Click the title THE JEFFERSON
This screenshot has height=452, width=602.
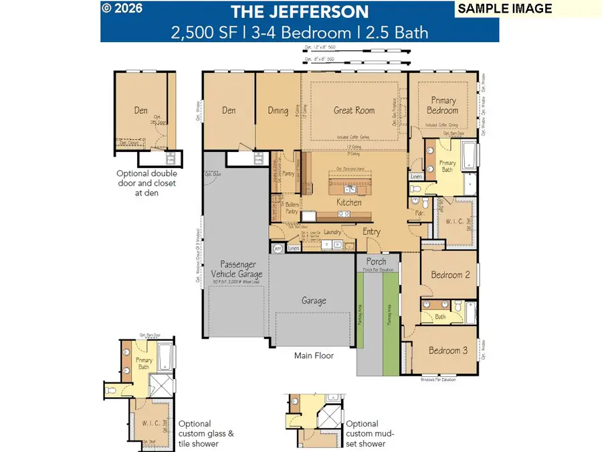click(300, 11)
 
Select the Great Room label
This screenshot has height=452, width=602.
click(354, 110)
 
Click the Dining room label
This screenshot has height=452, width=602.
click(278, 110)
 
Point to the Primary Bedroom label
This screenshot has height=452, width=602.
click(443, 106)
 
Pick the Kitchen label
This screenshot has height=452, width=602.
click(348, 202)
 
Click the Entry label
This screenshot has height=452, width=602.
click(371, 232)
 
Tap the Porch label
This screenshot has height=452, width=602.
click(377, 261)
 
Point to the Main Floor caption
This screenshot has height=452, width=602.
click(314, 356)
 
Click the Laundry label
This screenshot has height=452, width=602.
click(332, 232)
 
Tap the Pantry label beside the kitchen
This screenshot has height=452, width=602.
click(288, 173)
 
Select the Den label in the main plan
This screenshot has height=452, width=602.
click(229, 110)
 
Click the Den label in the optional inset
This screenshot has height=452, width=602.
click(140, 110)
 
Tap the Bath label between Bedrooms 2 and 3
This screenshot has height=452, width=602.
click(440, 317)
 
